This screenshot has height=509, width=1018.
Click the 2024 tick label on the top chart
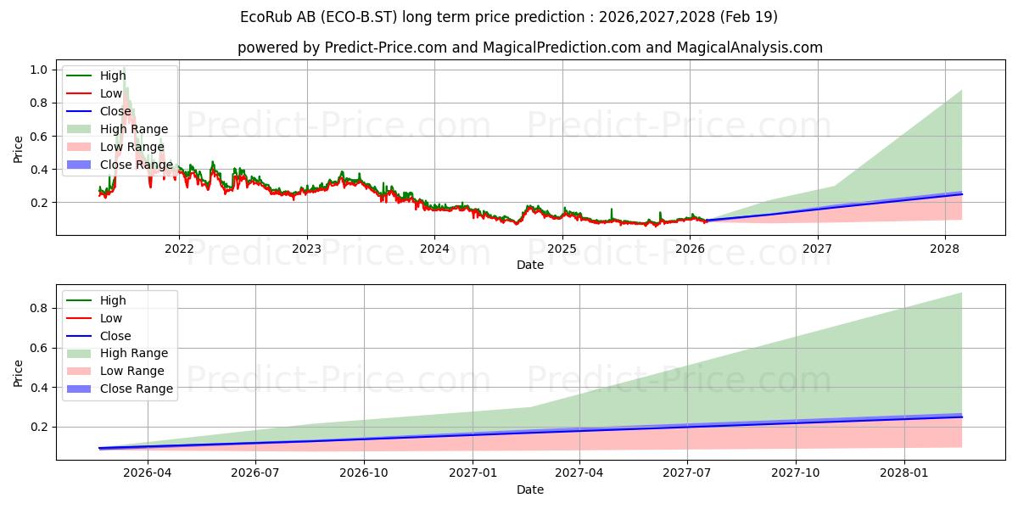point(434,249)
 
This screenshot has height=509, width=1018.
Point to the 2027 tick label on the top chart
point(817,249)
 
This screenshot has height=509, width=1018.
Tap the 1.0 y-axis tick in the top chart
point(39,70)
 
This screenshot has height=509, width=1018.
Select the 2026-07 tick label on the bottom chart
point(255,473)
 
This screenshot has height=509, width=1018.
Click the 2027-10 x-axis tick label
point(796,473)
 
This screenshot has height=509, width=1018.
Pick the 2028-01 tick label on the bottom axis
point(904,473)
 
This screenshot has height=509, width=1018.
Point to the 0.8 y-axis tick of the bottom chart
point(39,308)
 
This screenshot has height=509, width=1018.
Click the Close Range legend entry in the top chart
point(120,165)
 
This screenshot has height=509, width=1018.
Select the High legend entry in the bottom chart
point(96,300)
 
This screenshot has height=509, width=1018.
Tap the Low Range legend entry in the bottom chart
point(115,371)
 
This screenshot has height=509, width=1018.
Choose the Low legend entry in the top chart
point(94,93)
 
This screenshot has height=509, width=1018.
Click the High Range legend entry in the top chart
point(117,129)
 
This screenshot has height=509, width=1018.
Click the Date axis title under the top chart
point(530,265)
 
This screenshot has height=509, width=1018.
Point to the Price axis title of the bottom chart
point(18,373)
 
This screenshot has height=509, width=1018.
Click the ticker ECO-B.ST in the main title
point(359,17)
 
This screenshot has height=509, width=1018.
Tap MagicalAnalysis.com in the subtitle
point(749,48)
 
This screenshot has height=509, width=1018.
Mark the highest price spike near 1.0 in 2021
point(124,68)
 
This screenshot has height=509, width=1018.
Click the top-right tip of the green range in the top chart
point(962,90)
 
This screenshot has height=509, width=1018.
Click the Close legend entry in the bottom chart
point(98,336)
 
